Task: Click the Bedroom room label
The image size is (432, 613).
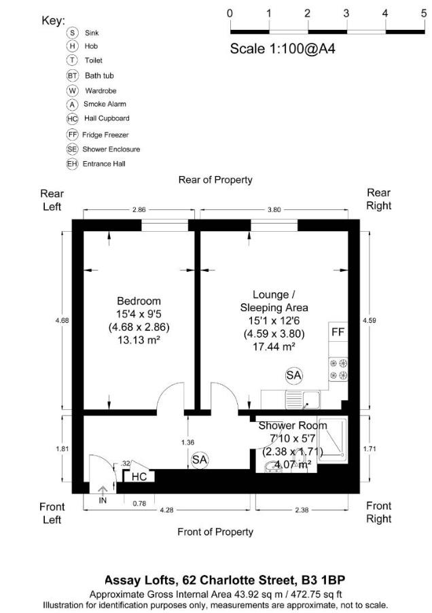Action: pos(139,301)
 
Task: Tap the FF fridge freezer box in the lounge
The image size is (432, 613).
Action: pos(337,332)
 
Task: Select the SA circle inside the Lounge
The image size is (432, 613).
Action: pos(294,375)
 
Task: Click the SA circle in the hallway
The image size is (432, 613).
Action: pos(199,460)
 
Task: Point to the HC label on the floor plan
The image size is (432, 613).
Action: pos(139,476)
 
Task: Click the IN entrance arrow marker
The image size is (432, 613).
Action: pos(102,495)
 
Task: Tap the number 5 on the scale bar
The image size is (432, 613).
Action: pos(424,13)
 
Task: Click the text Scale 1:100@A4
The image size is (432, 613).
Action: pos(283,49)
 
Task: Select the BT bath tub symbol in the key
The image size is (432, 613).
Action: pos(73,75)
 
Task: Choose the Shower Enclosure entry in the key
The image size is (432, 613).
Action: pos(111,149)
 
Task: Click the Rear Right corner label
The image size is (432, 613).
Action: pos(378,199)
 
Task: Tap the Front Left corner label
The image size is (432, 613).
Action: pos(52,513)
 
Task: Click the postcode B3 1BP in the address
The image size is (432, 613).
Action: pos(325,580)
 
